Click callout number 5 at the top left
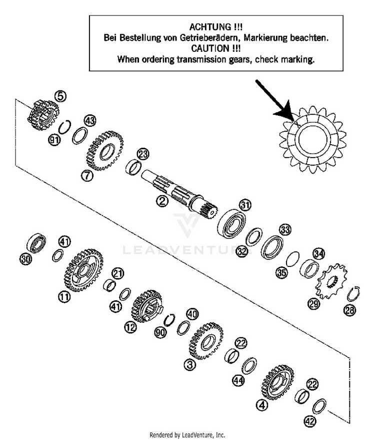point(60,95)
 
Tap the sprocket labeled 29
point(329,284)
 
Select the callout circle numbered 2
point(161,202)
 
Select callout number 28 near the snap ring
point(348,311)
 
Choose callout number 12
point(130,327)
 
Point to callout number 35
point(282,272)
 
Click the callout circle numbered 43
point(89,121)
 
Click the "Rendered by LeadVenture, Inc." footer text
point(187,435)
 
